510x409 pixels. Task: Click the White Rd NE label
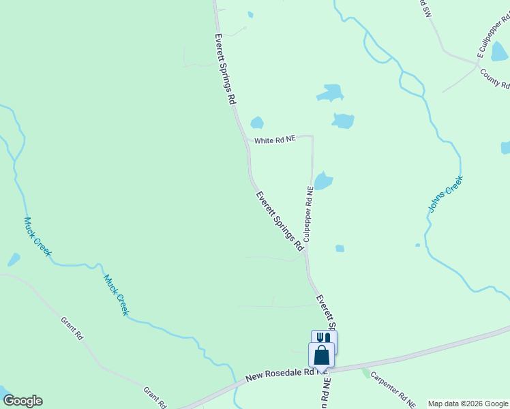click(275, 140)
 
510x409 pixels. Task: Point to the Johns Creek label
click(446, 194)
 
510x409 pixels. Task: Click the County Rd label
click(495, 79)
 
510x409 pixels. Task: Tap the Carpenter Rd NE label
click(393, 390)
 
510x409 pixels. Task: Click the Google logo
click(22, 401)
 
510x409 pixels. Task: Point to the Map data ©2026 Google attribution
click(468, 404)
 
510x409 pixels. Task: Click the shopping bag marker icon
click(321, 355)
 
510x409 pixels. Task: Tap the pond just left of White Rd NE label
click(256, 123)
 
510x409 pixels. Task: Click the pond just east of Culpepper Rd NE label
click(323, 180)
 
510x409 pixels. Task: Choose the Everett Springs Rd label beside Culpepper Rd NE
click(279, 221)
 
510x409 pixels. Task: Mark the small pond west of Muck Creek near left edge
click(13, 260)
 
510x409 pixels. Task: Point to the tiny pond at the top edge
click(251, 14)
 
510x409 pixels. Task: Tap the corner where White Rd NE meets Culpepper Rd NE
click(312, 136)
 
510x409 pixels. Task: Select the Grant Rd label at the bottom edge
click(155, 398)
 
